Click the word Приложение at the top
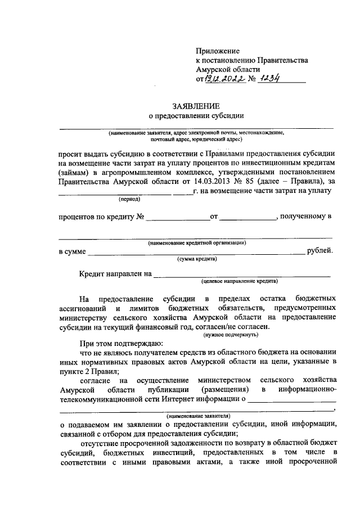(x=218, y=51)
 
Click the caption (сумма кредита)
(x=196, y=259)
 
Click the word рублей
(x=319, y=251)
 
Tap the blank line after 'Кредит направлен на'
(x=242, y=275)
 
